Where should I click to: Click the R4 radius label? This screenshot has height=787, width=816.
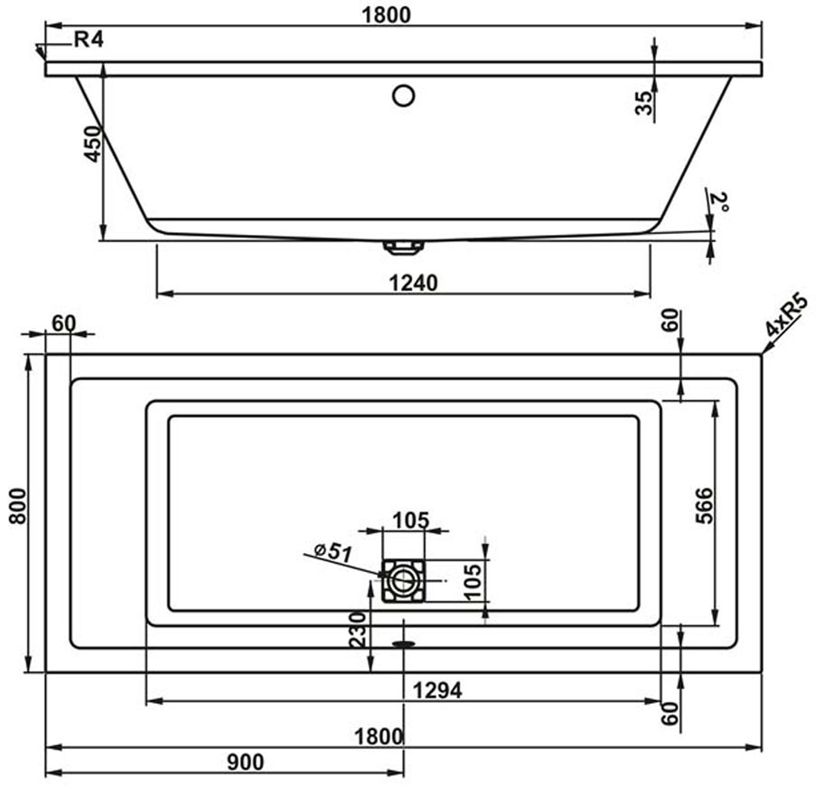pos(89,39)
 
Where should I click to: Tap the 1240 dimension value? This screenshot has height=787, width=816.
pos(414,283)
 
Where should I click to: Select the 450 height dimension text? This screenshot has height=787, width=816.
pos(93,144)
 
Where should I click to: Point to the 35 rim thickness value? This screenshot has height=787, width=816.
pos(644,102)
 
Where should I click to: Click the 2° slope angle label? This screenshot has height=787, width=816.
pos(720,202)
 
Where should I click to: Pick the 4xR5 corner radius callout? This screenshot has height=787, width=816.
pos(787,316)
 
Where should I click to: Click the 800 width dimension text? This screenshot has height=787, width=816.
pos(17,506)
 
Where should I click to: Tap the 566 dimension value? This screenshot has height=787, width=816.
pos(704,505)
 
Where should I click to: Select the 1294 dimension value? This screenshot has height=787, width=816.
pos(437,690)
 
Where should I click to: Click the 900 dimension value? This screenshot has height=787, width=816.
pos(245,763)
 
